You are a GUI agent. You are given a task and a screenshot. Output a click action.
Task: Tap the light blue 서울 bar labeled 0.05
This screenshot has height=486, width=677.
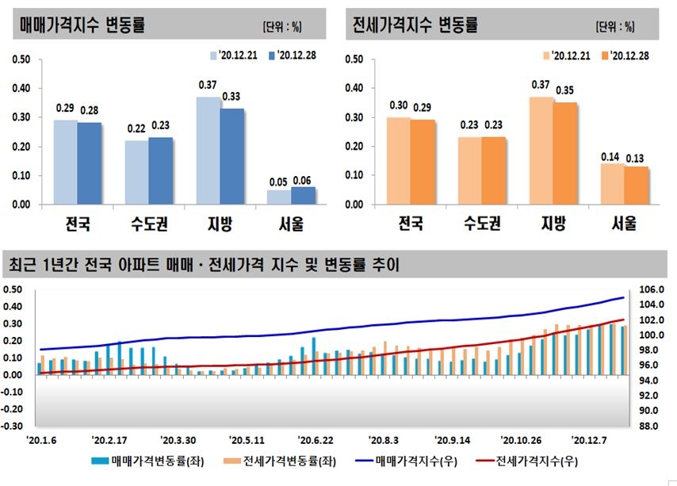pos(280,197)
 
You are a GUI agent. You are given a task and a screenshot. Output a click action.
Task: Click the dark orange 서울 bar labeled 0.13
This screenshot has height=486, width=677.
pos(637,186)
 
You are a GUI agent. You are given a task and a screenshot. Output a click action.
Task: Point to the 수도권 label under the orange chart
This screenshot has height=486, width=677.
pos(482,224)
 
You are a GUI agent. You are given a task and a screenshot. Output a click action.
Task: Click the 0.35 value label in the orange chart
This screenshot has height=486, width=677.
pos(564,90)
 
